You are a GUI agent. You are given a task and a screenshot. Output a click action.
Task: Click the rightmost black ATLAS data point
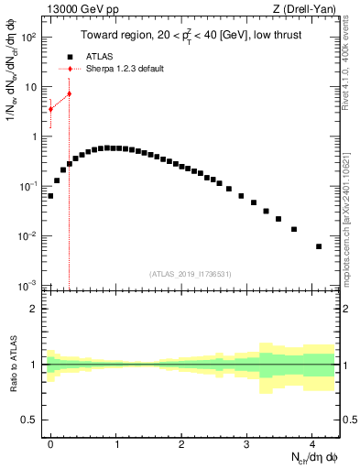coord(319,246)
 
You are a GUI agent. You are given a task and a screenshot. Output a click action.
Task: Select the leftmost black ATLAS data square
coord(50,196)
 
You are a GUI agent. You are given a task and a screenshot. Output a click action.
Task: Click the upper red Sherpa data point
coord(69,93)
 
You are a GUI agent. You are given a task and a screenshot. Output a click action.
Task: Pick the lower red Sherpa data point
coord(50,109)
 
